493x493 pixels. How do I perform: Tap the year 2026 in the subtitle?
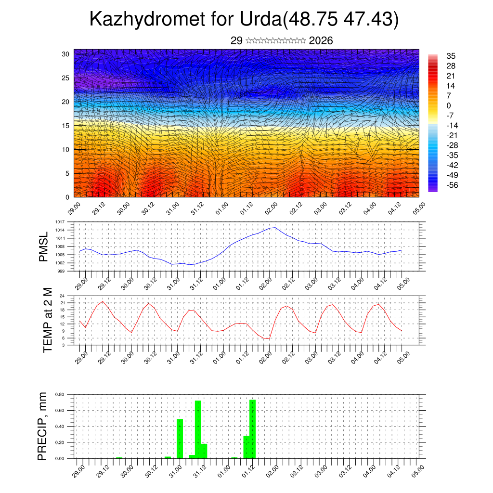click(x=321, y=40)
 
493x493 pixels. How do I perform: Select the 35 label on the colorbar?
click(x=451, y=56)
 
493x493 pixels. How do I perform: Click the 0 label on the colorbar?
click(x=449, y=105)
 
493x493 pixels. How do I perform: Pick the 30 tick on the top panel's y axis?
click(x=65, y=54)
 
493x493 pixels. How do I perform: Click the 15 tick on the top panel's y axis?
click(x=65, y=126)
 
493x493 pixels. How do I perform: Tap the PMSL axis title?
click(x=44, y=246)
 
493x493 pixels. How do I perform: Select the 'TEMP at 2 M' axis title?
click(x=47, y=320)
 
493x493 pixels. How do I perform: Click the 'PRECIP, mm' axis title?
click(x=43, y=426)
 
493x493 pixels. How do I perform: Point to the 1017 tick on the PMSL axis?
click(x=60, y=222)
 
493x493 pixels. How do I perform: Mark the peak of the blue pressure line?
click(x=274, y=228)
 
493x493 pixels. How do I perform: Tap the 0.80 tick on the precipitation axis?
click(x=60, y=394)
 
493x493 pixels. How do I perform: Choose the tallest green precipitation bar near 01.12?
click(x=252, y=428)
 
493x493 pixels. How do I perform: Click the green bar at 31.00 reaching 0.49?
click(x=180, y=438)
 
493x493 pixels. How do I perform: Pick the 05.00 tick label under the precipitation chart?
click(x=416, y=469)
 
